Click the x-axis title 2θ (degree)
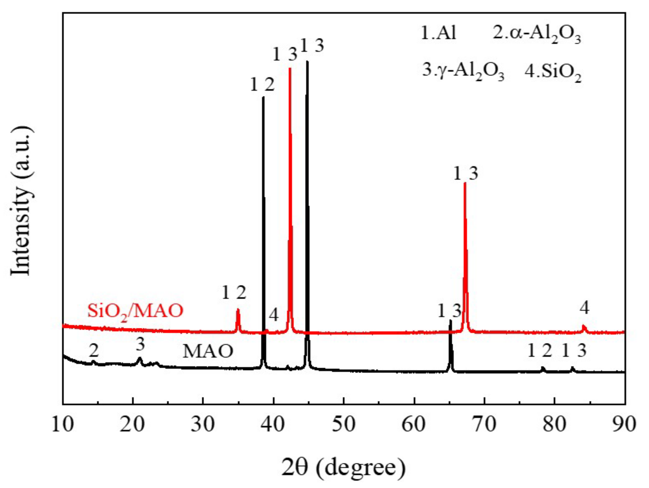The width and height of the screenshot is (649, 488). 344,467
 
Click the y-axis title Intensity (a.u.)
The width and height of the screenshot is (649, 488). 21,201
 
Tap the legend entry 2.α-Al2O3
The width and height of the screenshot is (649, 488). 537,35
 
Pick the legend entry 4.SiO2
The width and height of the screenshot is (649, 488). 553,73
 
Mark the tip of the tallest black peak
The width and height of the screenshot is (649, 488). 307,61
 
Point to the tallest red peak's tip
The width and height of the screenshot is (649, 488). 290,68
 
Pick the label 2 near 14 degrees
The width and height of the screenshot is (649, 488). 94,350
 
